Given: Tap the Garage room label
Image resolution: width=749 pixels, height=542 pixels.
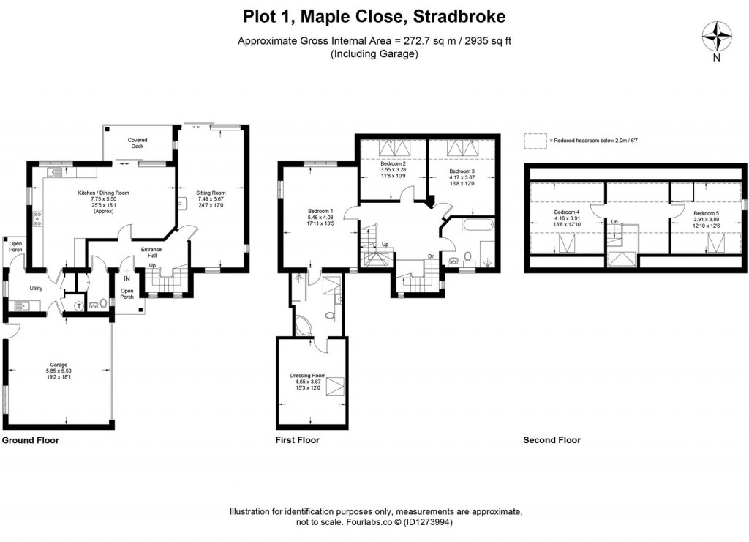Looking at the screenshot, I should pos(59,364).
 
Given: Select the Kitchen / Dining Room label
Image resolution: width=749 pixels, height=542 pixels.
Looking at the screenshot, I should pos(104,193).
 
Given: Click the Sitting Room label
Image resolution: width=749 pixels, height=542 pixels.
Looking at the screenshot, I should pos(211,193).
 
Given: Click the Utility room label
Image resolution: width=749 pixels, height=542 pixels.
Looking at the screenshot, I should pos(37,288).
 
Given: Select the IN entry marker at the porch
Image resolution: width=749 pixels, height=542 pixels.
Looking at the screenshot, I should pos(127,279).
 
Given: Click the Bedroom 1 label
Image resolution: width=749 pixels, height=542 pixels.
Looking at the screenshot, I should pos(321,212).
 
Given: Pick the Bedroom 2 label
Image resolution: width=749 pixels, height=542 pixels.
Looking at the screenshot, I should pos(393,163).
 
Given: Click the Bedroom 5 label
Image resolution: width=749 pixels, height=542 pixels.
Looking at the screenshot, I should pos(706,213).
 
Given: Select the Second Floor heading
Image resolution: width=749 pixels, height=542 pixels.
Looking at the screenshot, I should pos(552,440).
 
